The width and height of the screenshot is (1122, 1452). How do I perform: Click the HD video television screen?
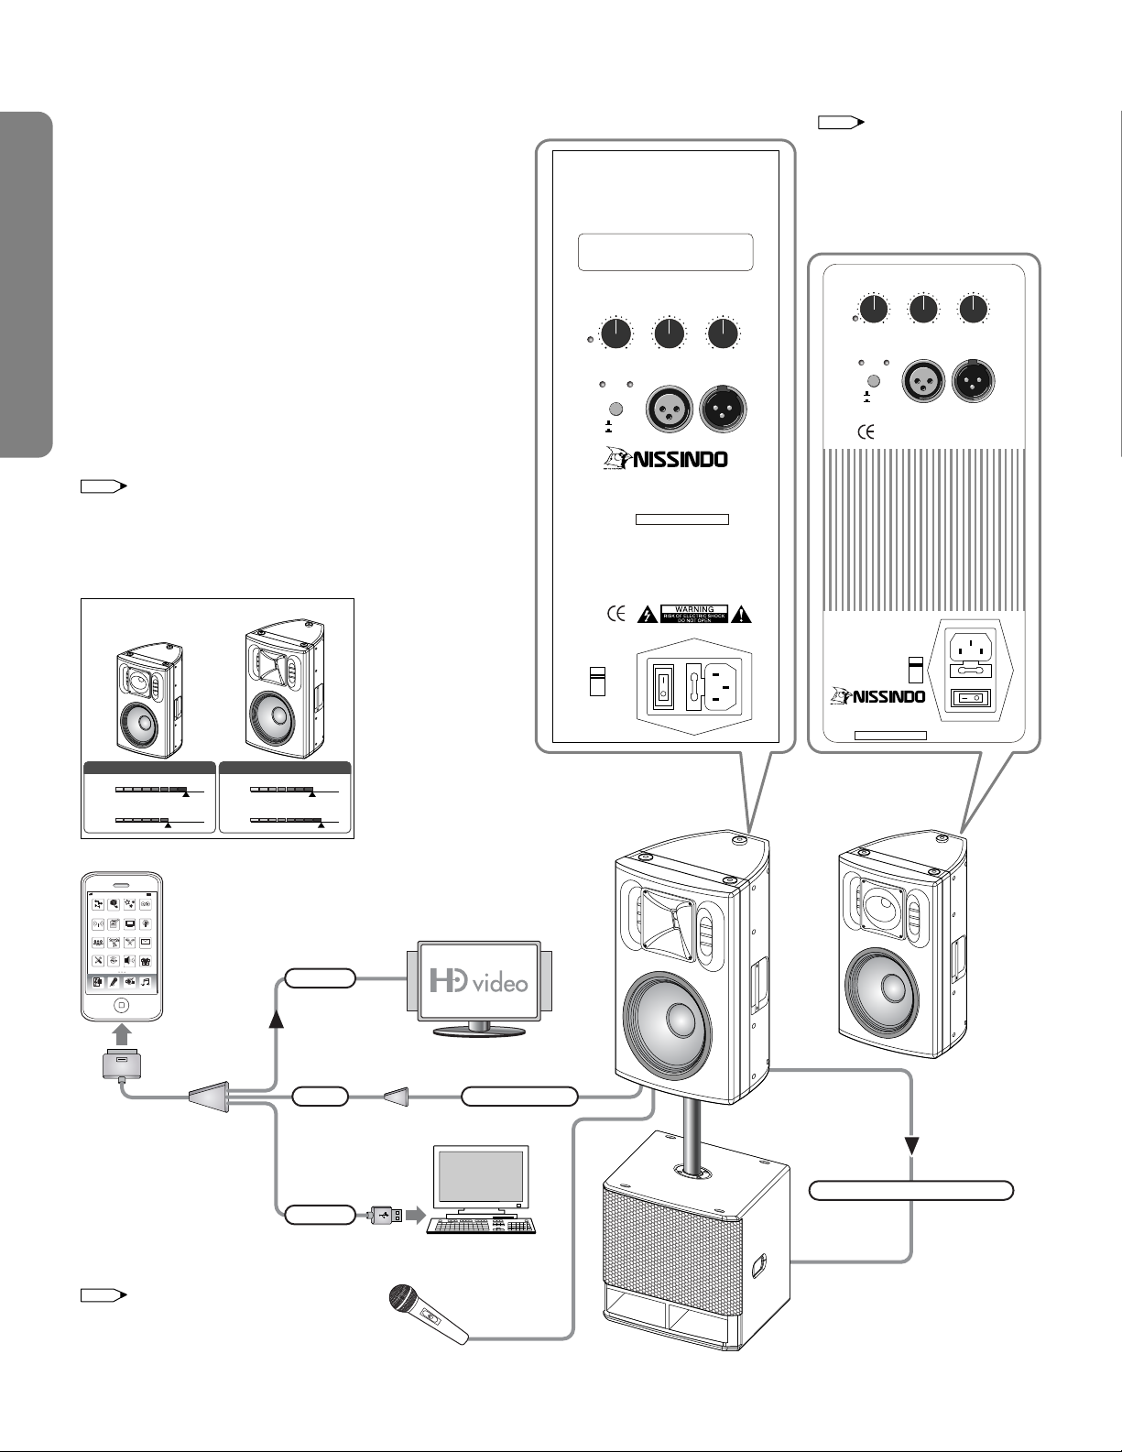click(x=479, y=981)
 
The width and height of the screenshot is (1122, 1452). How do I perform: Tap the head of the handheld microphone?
click(x=400, y=1299)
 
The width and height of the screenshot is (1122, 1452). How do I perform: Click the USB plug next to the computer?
click(x=386, y=1215)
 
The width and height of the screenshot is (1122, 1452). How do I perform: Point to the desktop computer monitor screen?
click(x=481, y=1177)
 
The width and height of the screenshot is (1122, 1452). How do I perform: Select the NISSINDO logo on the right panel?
click(x=876, y=696)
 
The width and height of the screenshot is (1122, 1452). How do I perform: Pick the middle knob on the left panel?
click(x=670, y=334)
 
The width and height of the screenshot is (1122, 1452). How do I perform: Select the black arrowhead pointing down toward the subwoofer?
click(x=912, y=1147)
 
